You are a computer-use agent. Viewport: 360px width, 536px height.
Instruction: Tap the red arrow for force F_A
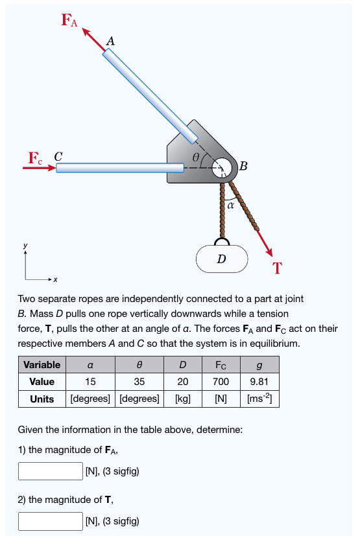click(93, 40)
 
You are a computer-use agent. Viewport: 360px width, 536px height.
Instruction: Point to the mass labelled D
click(222, 259)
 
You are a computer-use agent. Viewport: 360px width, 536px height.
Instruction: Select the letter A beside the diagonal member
click(110, 40)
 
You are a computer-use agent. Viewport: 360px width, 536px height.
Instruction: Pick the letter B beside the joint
click(243, 165)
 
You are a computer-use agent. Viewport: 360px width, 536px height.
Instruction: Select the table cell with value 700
click(221, 381)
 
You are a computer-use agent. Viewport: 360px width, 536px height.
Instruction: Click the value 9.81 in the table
click(259, 381)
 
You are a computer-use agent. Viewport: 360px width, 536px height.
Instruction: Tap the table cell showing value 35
click(138, 381)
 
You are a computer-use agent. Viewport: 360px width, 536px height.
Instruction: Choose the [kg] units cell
click(183, 398)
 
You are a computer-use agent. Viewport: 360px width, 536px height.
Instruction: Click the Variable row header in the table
click(42, 364)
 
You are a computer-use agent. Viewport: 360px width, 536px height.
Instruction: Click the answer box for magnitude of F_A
click(50, 470)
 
